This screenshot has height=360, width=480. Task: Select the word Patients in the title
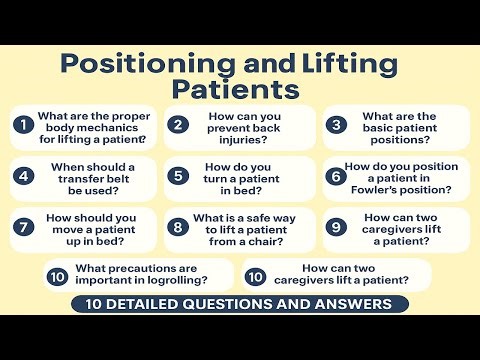236,90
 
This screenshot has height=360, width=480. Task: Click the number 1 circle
23,125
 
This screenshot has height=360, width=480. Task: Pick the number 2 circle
178,125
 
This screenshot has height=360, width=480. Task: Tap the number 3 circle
337,125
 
